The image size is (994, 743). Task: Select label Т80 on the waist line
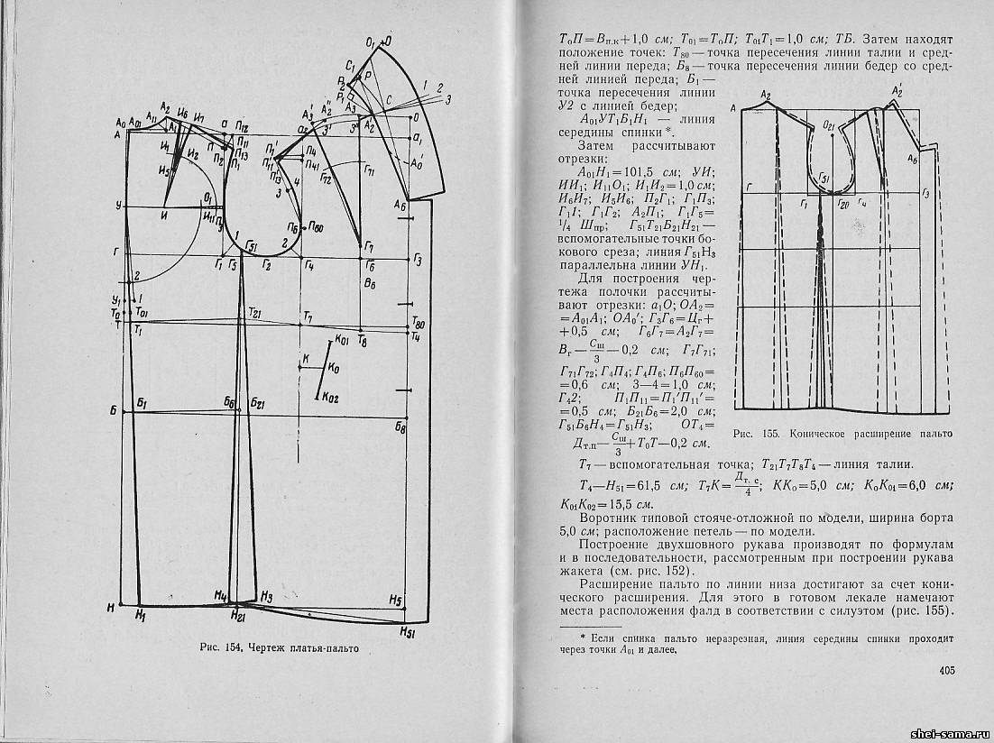point(417,321)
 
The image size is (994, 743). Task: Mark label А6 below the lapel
point(400,206)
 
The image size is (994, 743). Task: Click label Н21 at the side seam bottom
point(237,617)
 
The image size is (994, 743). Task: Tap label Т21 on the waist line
point(254,312)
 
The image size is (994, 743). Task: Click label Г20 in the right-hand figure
point(843,205)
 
